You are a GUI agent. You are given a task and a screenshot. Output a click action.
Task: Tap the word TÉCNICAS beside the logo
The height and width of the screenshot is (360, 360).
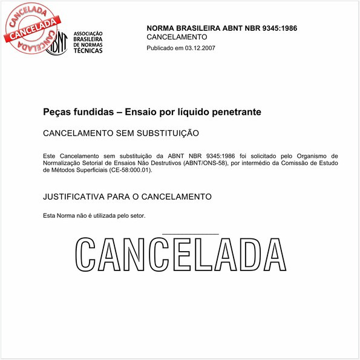click(88, 51)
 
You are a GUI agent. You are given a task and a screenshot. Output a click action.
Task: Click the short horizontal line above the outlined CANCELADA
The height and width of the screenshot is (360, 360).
click(191, 234)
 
